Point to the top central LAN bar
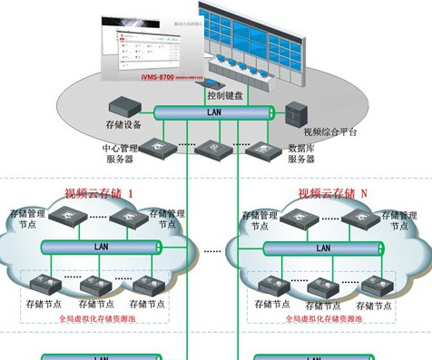(214, 112)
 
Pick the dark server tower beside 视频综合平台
(298, 114)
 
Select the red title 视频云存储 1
(98, 193)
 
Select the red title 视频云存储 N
(333, 193)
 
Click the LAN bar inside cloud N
(322, 247)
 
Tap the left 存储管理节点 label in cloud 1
(28, 219)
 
